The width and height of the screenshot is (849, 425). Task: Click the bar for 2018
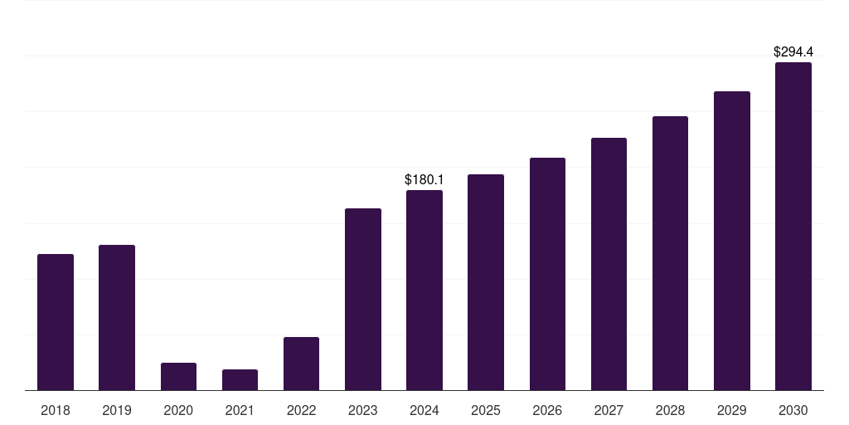[56, 322]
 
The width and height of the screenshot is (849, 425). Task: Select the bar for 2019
[117, 317]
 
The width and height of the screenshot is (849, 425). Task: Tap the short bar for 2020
[178, 377]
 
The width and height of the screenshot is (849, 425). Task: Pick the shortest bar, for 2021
[240, 380]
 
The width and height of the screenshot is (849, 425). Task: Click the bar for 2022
[301, 364]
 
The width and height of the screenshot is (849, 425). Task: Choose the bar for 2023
[363, 299]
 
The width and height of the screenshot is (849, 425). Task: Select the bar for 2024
[424, 290]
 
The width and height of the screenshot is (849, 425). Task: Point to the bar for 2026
[547, 274]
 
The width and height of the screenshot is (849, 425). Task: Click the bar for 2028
[670, 253]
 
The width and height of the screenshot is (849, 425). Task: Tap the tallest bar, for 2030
[793, 226]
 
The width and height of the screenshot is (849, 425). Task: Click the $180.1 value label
[424, 179]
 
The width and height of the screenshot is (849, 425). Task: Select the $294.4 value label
[793, 51]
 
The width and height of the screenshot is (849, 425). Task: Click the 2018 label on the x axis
[56, 410]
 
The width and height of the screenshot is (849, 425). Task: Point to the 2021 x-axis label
[240, 410]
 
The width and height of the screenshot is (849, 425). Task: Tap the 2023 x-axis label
[363, 410]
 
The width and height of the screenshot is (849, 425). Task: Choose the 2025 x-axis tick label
[486, 410]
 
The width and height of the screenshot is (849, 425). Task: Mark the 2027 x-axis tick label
[609, 410]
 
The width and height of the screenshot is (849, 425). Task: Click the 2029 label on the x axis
[732, 410]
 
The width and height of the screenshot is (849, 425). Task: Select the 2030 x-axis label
[793, 410]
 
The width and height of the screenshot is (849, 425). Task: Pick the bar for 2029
[732, 241]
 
